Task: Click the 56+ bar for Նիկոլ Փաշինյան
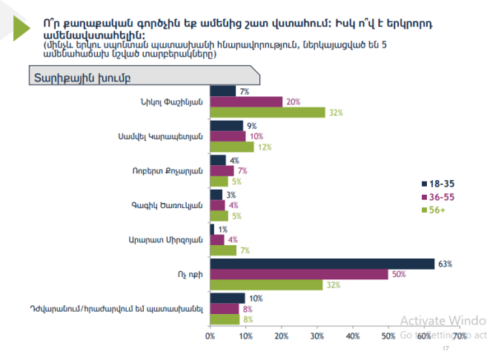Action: (x=268, y=113)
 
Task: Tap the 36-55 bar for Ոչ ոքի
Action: (x=299, y=274)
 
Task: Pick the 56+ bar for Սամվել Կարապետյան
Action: (x=232, y=147)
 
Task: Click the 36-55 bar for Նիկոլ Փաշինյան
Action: (x=246, y=102)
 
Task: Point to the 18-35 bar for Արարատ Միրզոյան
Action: (x=212, y=230)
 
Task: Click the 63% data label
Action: (x=445, y=264)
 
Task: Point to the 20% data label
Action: (x=293, y=102)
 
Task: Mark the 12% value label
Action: (x=263, y=147)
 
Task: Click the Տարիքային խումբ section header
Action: (x=70, y=77)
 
